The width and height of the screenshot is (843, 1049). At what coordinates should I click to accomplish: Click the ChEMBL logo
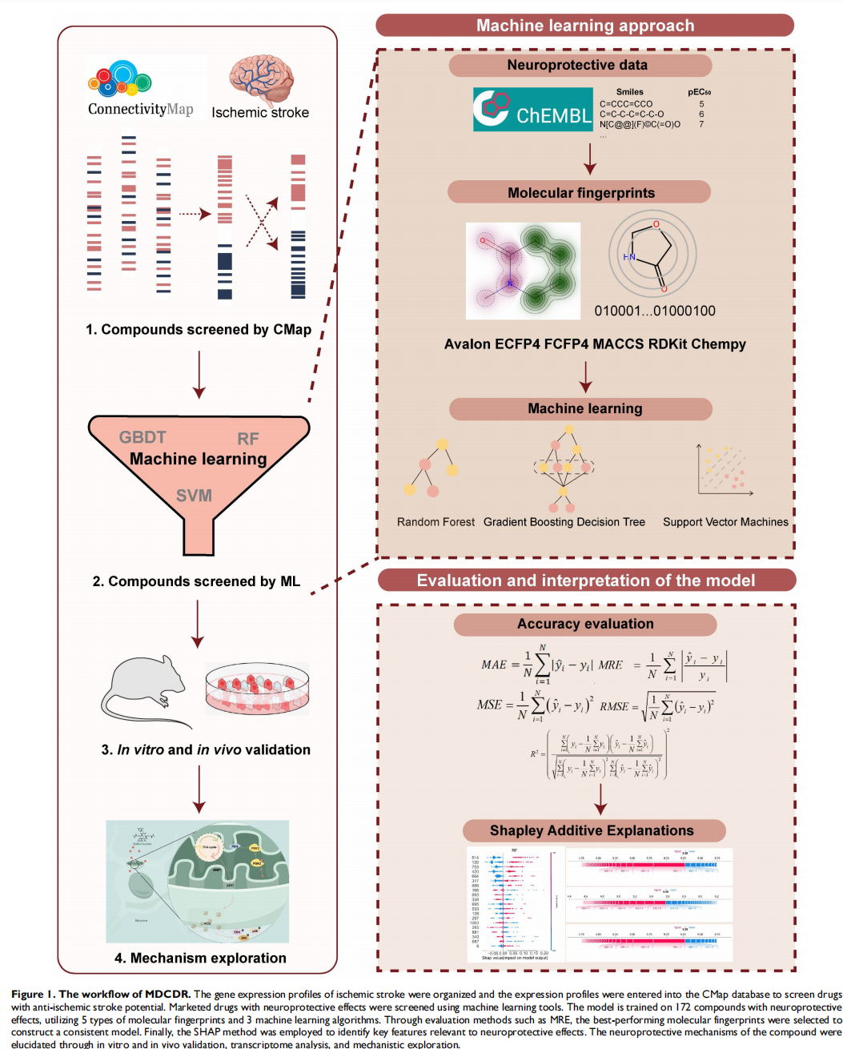coord(532,110)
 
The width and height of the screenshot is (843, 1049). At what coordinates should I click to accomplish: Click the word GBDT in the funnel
coord(143,437)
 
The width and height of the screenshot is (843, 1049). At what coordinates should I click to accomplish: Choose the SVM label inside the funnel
coord(194,496)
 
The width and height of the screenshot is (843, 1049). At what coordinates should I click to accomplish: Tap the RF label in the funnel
coord(248,439)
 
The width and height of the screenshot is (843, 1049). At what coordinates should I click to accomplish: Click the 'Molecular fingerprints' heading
coord(581,193)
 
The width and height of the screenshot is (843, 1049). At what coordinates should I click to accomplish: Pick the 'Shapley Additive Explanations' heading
coord(592,830)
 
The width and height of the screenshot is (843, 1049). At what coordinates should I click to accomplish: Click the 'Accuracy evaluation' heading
coord(585,624)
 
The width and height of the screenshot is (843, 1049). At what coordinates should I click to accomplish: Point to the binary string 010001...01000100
coord(655,311)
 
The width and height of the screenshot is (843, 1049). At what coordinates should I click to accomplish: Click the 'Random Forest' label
coord(436,522)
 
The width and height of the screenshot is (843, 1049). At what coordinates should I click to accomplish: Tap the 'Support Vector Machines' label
coord(725,522)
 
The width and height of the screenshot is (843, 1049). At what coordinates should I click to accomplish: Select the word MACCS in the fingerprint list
coord(618,344)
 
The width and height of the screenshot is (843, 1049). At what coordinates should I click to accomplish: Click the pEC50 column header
coord(699,92)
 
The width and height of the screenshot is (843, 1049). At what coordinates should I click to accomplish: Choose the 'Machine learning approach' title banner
coord(585,26)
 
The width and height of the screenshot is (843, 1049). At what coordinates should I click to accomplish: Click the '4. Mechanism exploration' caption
coord(200,958)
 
